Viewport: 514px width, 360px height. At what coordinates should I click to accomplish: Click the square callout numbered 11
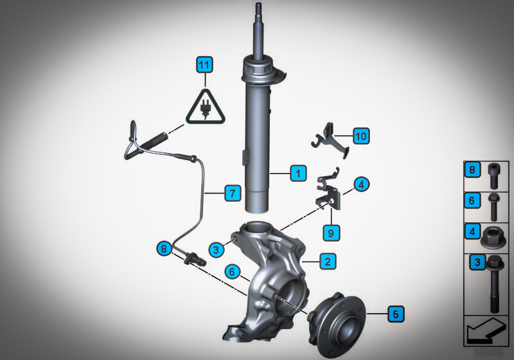coord(204,64)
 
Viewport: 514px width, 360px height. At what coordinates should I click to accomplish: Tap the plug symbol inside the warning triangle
coord(206,109)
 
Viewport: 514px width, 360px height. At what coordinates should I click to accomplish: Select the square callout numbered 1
coord(298,173)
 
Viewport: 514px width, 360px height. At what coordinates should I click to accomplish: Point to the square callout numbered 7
coord(233,193)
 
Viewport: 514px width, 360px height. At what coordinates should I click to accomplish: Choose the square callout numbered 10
coord(361,136)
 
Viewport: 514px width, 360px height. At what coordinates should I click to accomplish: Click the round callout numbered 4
coord(361,184)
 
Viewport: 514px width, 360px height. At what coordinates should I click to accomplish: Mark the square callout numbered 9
coord(331,233)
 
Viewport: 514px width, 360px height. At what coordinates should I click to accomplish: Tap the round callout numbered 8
coord(164,248)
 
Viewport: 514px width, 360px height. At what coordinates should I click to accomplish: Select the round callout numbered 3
coord(217,249)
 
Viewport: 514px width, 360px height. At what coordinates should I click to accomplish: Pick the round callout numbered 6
coord(233,271)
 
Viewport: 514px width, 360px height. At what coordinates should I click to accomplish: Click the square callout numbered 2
coord(328,261)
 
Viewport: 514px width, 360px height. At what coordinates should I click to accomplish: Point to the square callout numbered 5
coord(396,314)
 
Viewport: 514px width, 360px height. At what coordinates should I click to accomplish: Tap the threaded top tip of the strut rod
coord(258,6)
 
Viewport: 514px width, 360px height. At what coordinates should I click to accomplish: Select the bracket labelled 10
coord(330,140)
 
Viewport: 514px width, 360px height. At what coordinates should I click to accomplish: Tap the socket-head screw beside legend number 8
coord(493,176)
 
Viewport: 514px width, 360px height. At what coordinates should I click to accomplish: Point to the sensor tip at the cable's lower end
coord(196,259)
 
